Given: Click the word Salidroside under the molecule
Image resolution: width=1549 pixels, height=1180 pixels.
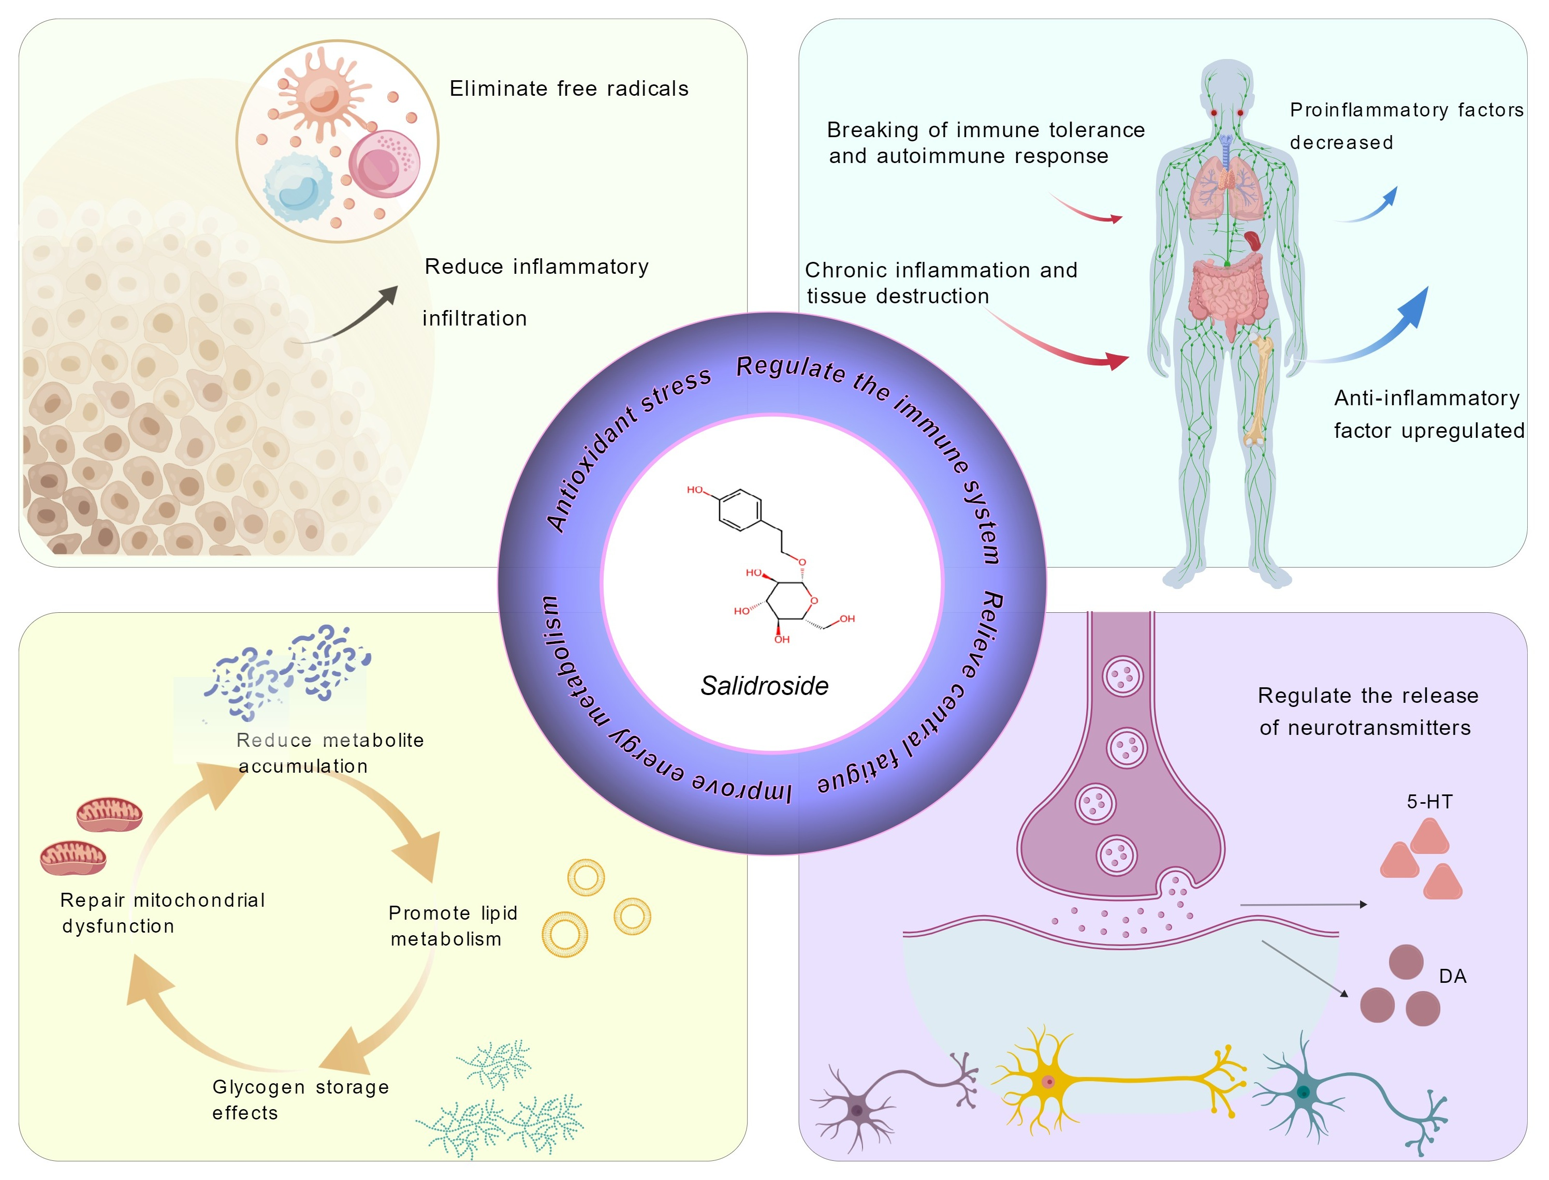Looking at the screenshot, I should coord(764,686).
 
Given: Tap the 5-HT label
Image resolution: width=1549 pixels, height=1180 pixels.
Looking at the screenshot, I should coord(1429,801).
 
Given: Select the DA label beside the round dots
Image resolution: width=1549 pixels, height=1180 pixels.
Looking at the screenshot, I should coord(1452,976).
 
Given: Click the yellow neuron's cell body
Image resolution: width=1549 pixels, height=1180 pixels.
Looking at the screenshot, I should coord(1048,1082).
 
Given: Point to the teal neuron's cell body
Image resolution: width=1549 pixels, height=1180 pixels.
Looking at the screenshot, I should coord(1304,1092).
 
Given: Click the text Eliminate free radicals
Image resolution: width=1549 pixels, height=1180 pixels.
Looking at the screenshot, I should coord(569,89).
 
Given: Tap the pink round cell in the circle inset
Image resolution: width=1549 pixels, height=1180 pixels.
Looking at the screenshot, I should coord(384,164).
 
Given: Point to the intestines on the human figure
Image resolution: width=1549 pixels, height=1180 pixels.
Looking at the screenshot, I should coord(1228,291).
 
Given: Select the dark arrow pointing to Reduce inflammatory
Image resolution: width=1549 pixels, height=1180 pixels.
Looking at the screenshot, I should coord(351,317).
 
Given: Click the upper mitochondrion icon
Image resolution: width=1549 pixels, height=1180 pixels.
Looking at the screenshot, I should coord(109,814).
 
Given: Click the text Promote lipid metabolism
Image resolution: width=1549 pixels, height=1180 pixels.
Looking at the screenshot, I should coord(452,926).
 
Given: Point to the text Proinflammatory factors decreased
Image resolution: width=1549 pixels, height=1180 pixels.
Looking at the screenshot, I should coord(1406,126).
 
